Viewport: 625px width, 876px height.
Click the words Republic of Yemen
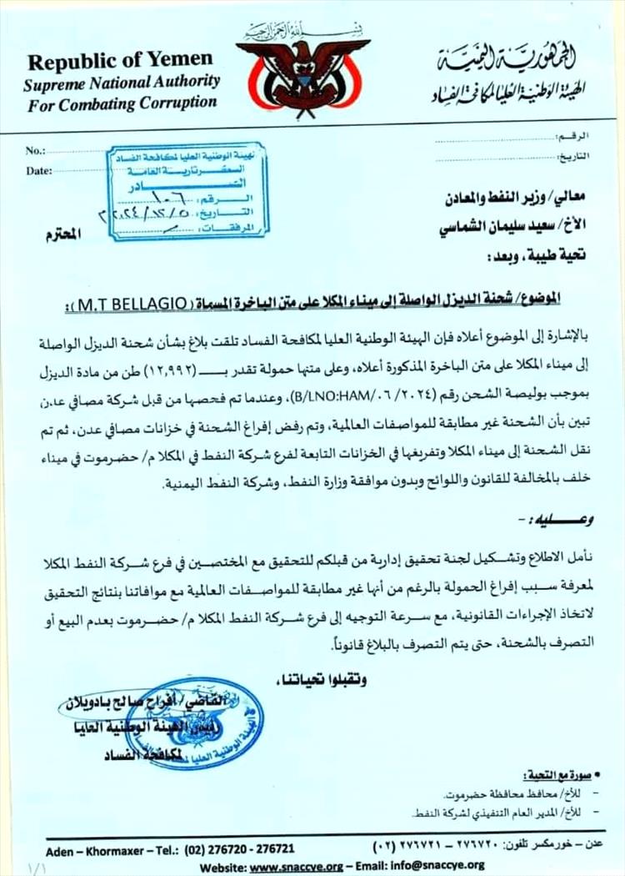tap(120, 61)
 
